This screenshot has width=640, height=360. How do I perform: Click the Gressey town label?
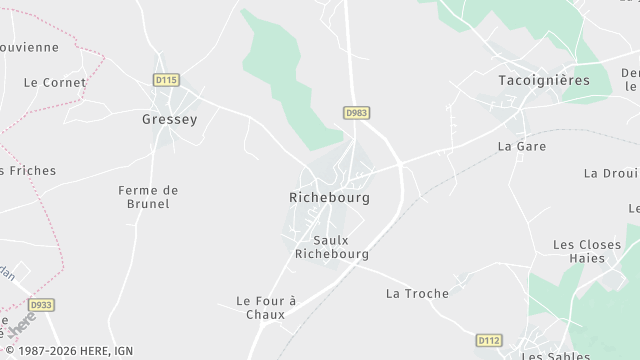pos(170,119)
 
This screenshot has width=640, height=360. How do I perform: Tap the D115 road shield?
pos(166,79)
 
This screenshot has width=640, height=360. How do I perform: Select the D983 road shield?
pos(356,113)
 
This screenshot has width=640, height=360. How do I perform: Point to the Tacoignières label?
pos(544,80)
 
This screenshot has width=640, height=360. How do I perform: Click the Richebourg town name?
pos(329,198)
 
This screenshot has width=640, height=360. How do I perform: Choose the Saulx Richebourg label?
pos(331,247)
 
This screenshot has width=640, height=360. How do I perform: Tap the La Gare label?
pos(521,146)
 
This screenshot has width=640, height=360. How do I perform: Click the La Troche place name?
pos(417,294)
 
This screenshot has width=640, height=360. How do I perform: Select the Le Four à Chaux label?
pos(266,307)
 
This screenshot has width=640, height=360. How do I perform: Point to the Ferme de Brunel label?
pos(148,197)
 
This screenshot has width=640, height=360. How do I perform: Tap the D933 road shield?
pos(40,305)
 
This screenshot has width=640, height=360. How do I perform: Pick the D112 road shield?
pos(488,340)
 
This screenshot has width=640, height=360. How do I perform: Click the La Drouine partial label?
pos(612,174)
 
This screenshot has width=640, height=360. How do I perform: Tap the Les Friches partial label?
pos(28,171)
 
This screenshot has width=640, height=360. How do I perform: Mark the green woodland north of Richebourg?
pos(285,80)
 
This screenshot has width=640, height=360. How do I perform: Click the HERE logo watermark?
pos(22,325)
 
